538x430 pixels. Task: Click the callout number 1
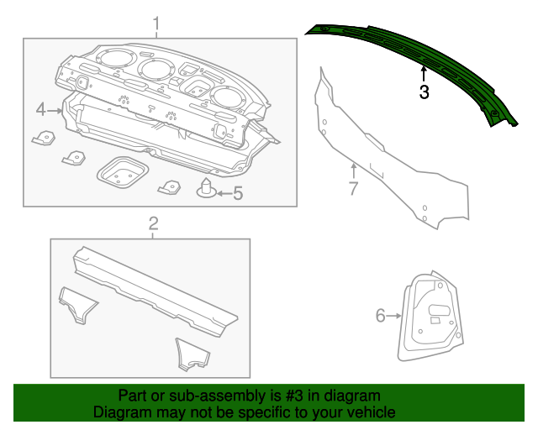(x=156, y=23)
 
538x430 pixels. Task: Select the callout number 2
(x=153, y=223)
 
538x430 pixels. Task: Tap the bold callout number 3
(x=425, y=92)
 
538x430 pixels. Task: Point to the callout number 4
(x=41, y=110)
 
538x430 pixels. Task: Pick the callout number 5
(x=237, y=194)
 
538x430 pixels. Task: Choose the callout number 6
(x=380, y=316)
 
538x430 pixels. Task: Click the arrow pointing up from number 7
(x=354, y=170)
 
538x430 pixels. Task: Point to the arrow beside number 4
(x=56, y=110)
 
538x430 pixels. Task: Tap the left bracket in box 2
(x=77, y=304)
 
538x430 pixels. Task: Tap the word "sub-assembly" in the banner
(x=217, y=396)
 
